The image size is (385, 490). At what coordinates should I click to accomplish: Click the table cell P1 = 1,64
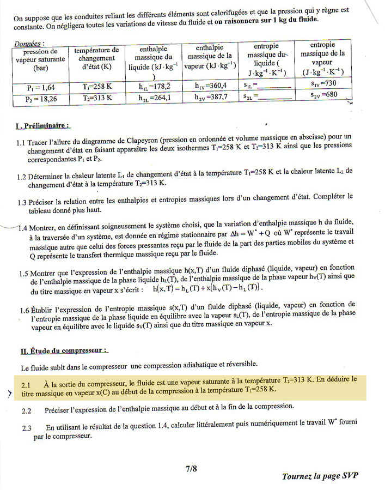(41, 87)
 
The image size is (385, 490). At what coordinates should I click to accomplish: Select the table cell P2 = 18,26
(41, 99)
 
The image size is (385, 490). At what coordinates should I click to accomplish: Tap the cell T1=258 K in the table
(96, 87)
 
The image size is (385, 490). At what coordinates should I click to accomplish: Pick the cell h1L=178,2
(155, 86)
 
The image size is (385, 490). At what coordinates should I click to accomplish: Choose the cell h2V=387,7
(211, 97)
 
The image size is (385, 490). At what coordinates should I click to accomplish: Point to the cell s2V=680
(325, 95)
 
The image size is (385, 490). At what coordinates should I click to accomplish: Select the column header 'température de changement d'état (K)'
(96, 58)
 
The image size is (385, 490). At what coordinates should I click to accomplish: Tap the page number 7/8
(192, 468)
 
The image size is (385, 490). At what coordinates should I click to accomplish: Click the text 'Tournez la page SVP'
(320, 476)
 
